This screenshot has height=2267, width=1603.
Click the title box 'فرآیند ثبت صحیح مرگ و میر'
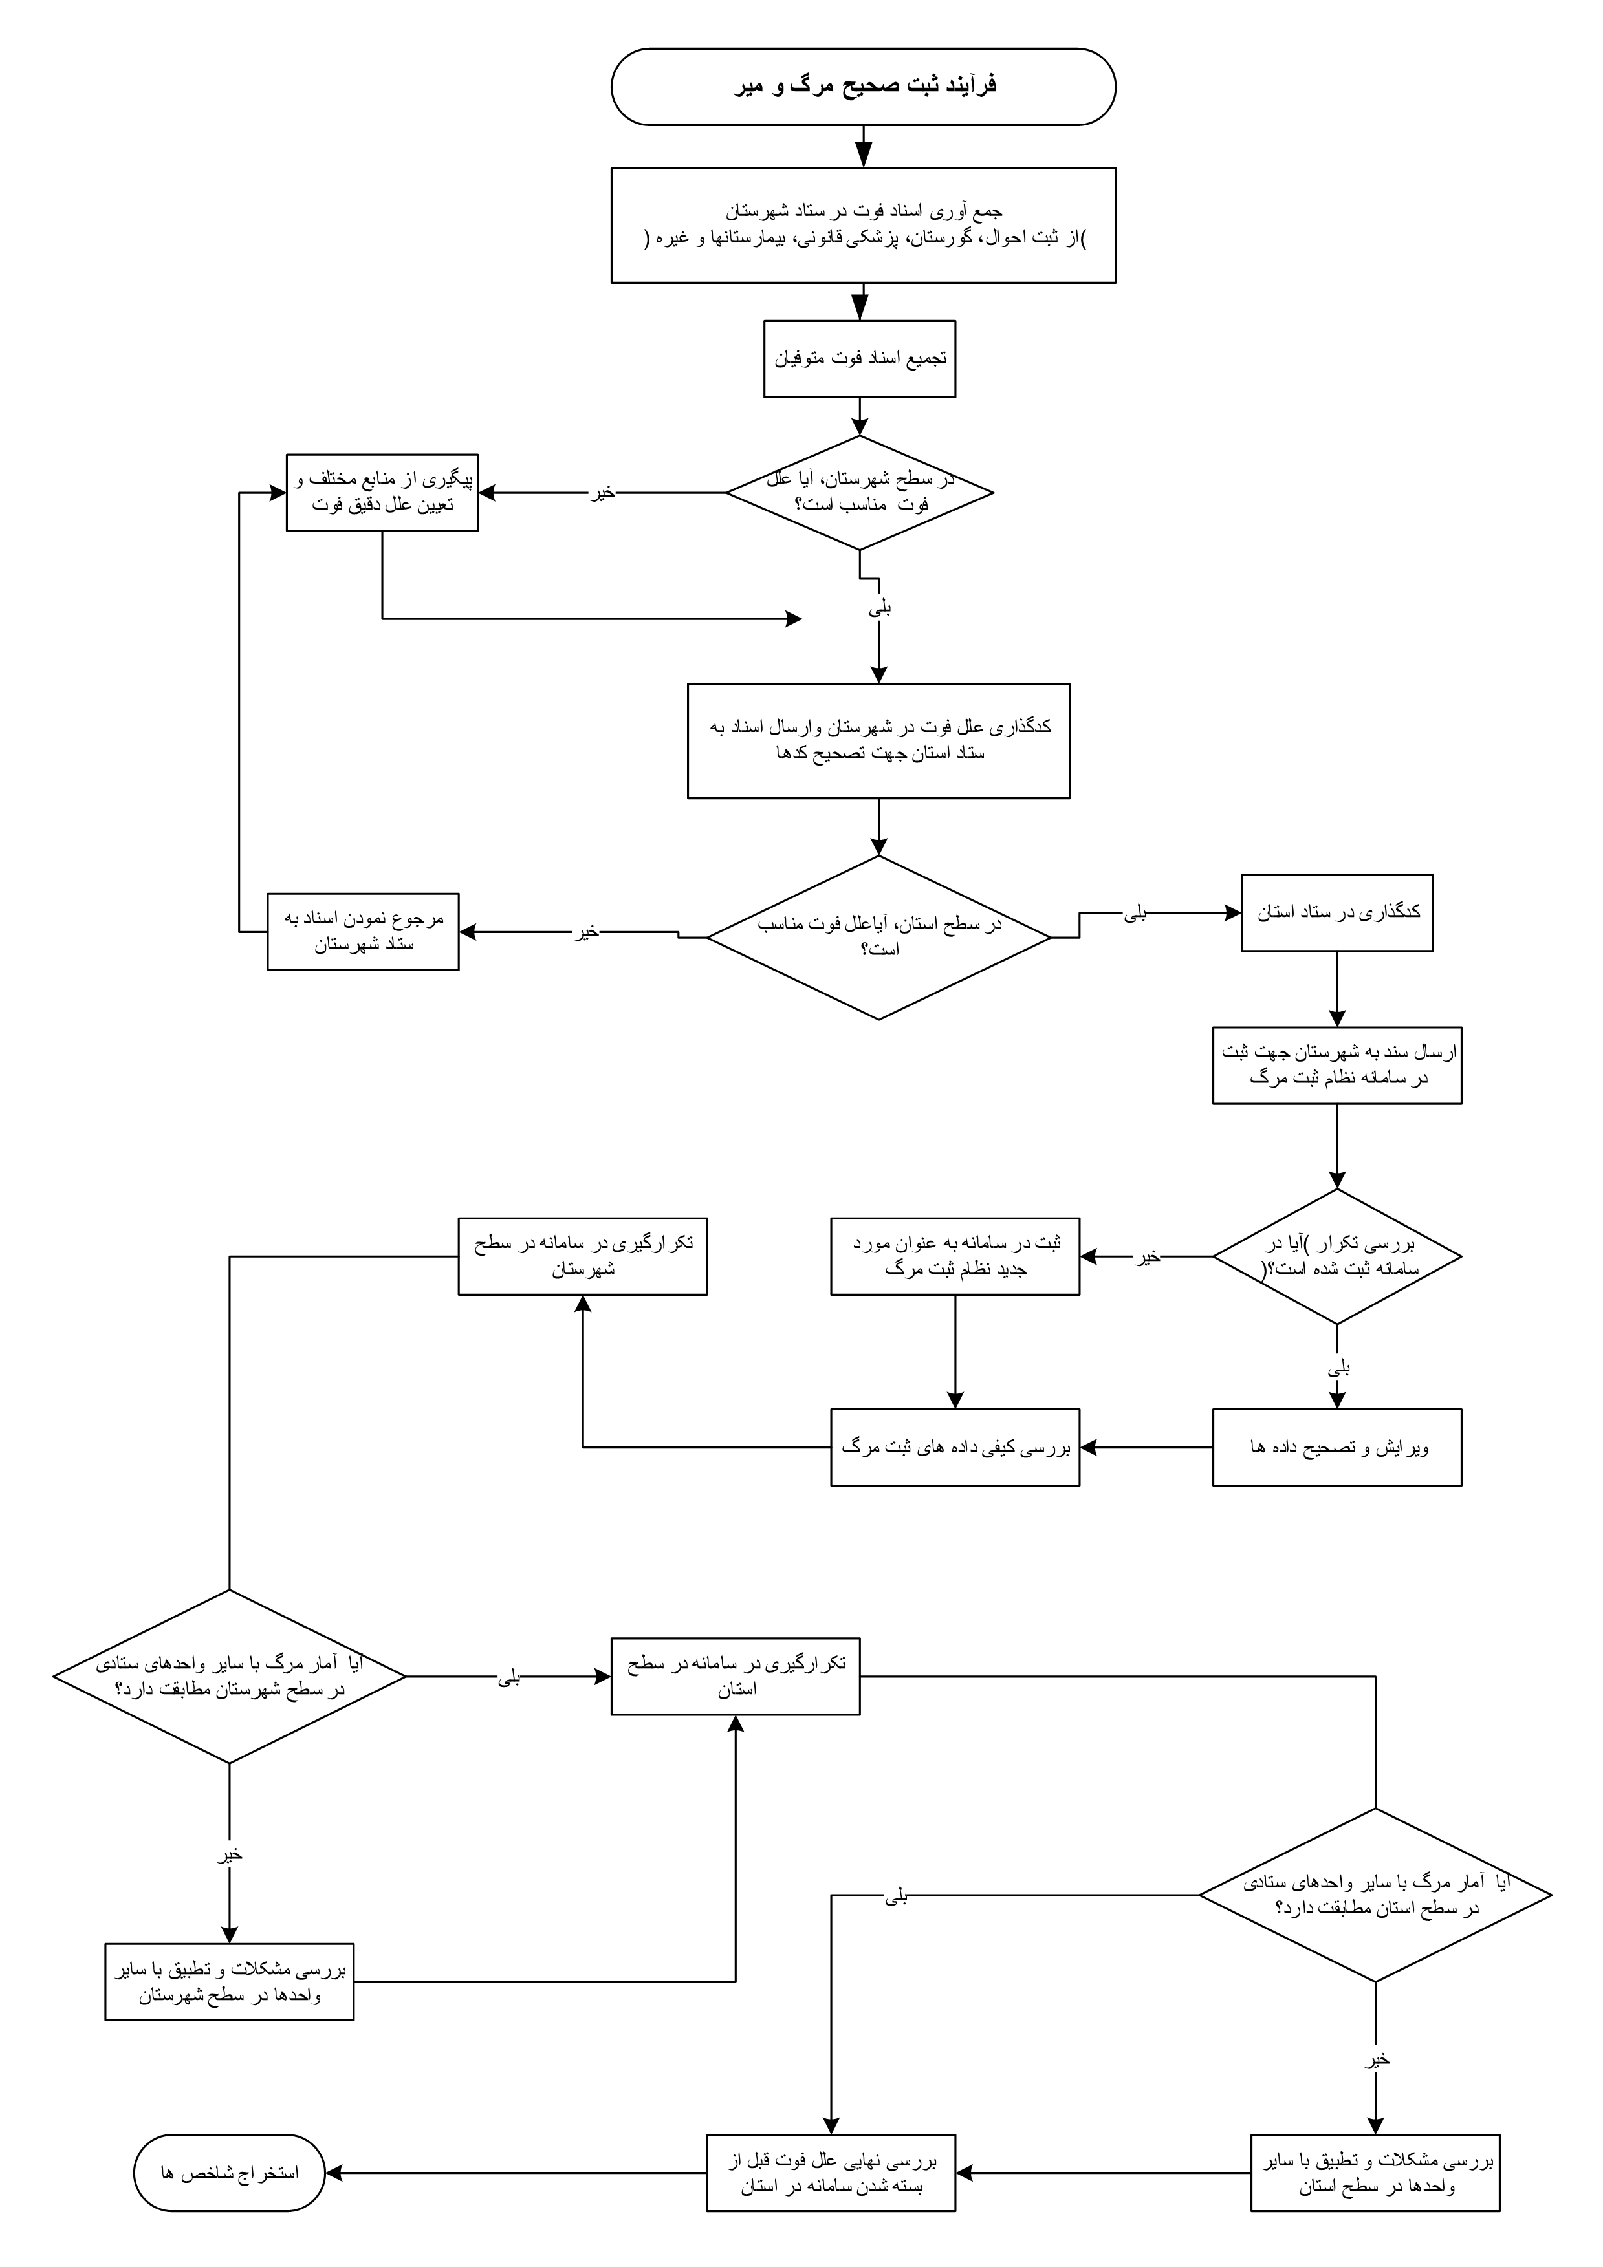click(862, 87)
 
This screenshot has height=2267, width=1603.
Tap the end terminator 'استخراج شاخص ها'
click(229, 2173)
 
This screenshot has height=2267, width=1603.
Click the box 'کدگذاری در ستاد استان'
click(1336, 912)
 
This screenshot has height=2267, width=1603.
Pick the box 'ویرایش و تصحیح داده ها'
click(1336, 1448)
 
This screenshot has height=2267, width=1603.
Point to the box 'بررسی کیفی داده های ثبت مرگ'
click(954, 1448)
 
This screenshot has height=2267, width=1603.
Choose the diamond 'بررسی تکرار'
click(1336, 1256)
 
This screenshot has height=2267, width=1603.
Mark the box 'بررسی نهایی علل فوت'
click(831, 2173)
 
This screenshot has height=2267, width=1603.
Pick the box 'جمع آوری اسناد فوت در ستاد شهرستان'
click(862, 225)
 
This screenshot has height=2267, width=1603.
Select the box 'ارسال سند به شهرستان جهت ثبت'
click(1336, 1066)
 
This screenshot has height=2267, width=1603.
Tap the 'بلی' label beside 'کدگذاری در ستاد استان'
click(1136, 913)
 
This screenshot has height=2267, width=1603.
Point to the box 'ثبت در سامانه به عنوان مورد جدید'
click(954, 1256)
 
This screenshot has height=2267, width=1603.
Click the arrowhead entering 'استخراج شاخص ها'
click(334, 2173)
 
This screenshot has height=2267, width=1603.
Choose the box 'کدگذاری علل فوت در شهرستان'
click(878, 740)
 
